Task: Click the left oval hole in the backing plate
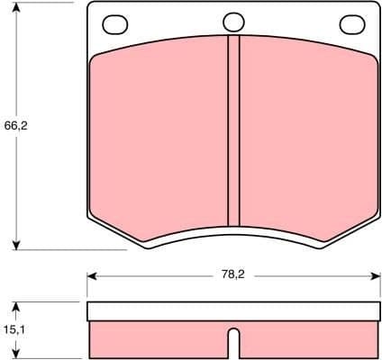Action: tap(115, 22)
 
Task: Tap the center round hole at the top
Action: tap(233, 22)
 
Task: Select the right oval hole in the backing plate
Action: tap(350, 22)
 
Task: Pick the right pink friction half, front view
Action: tap(306, 135)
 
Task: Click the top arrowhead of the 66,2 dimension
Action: tap(17, 8)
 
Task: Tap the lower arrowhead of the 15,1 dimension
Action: tap(17, 354)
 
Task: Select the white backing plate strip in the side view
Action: tap(233, 311)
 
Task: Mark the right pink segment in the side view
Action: tap(306, 340)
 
